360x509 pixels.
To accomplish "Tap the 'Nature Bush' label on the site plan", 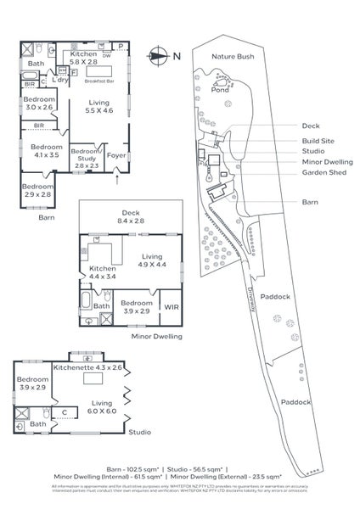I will (233, 56).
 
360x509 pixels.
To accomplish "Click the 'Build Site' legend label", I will (319, 141).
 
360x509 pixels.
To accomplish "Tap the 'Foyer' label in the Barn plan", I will (115, 155).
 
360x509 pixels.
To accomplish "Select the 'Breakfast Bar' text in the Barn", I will (100, 81).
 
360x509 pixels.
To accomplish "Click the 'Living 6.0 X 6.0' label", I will (101, 408).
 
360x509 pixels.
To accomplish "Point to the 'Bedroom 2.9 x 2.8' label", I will (37, 190).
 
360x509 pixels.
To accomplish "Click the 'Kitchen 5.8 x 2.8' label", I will (90, 58).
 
